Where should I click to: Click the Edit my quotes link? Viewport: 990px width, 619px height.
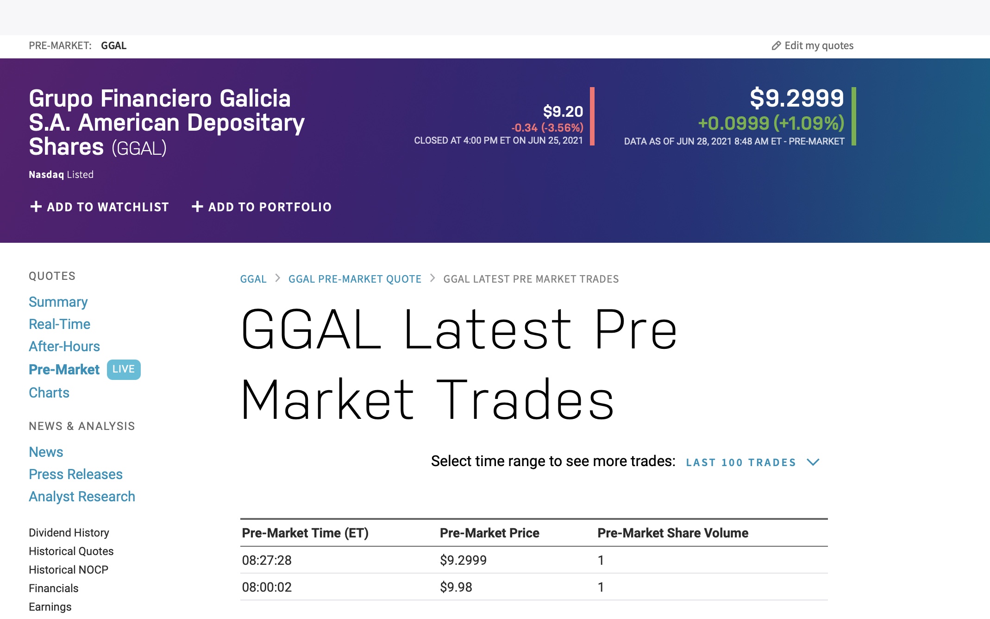pyautogui.click(x=813, y=45)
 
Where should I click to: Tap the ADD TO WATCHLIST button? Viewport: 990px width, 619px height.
pyautogui.click(x=100, y=207)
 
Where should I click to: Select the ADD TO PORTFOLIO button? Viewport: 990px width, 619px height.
pyautogui.click(x=262, y=207)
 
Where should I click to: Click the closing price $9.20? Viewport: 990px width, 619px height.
pyautogui.click(x=563, y=111)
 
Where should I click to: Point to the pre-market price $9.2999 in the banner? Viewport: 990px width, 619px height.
pyautogui.click(x=796, y=98)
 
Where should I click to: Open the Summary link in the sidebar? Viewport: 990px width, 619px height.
pyautogui.click(x=58, y=302)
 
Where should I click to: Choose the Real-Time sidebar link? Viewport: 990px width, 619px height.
pyautogui.click(x=59, y=324)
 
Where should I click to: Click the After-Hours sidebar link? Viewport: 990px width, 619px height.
pyautogui.click(x=64, y=346)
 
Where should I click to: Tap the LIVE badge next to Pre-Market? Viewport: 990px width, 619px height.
pyautogui.click(x=124, y=369)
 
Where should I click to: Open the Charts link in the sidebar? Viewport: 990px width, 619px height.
pyautogui.click(x=49, y=392)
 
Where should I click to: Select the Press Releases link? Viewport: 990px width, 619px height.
pyautogui.click(x=75, y=474)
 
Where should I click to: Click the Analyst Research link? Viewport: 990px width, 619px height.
pyautogui.click(x=82, y=496)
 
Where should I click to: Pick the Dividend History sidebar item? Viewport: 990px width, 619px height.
pyautogui.click(x=69, y=532)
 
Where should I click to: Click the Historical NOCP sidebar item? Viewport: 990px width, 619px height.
pyautogui.click(x=69, y=569)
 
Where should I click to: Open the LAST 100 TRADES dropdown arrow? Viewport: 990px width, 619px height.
pyautogui.click(x=813, y=462)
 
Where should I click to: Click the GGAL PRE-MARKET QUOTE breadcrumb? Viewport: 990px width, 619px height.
pyautogui.click(x=355, y=279)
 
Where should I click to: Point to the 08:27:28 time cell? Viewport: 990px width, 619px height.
pyautogui.click(x=267, y=560)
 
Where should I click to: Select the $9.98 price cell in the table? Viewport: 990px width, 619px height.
pyautogui.click(x=456, y=587)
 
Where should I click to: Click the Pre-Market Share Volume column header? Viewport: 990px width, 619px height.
pyautogui.click(x=673, y=533)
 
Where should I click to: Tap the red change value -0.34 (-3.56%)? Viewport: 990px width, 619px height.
pyautogui.click(x=547, y=127)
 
